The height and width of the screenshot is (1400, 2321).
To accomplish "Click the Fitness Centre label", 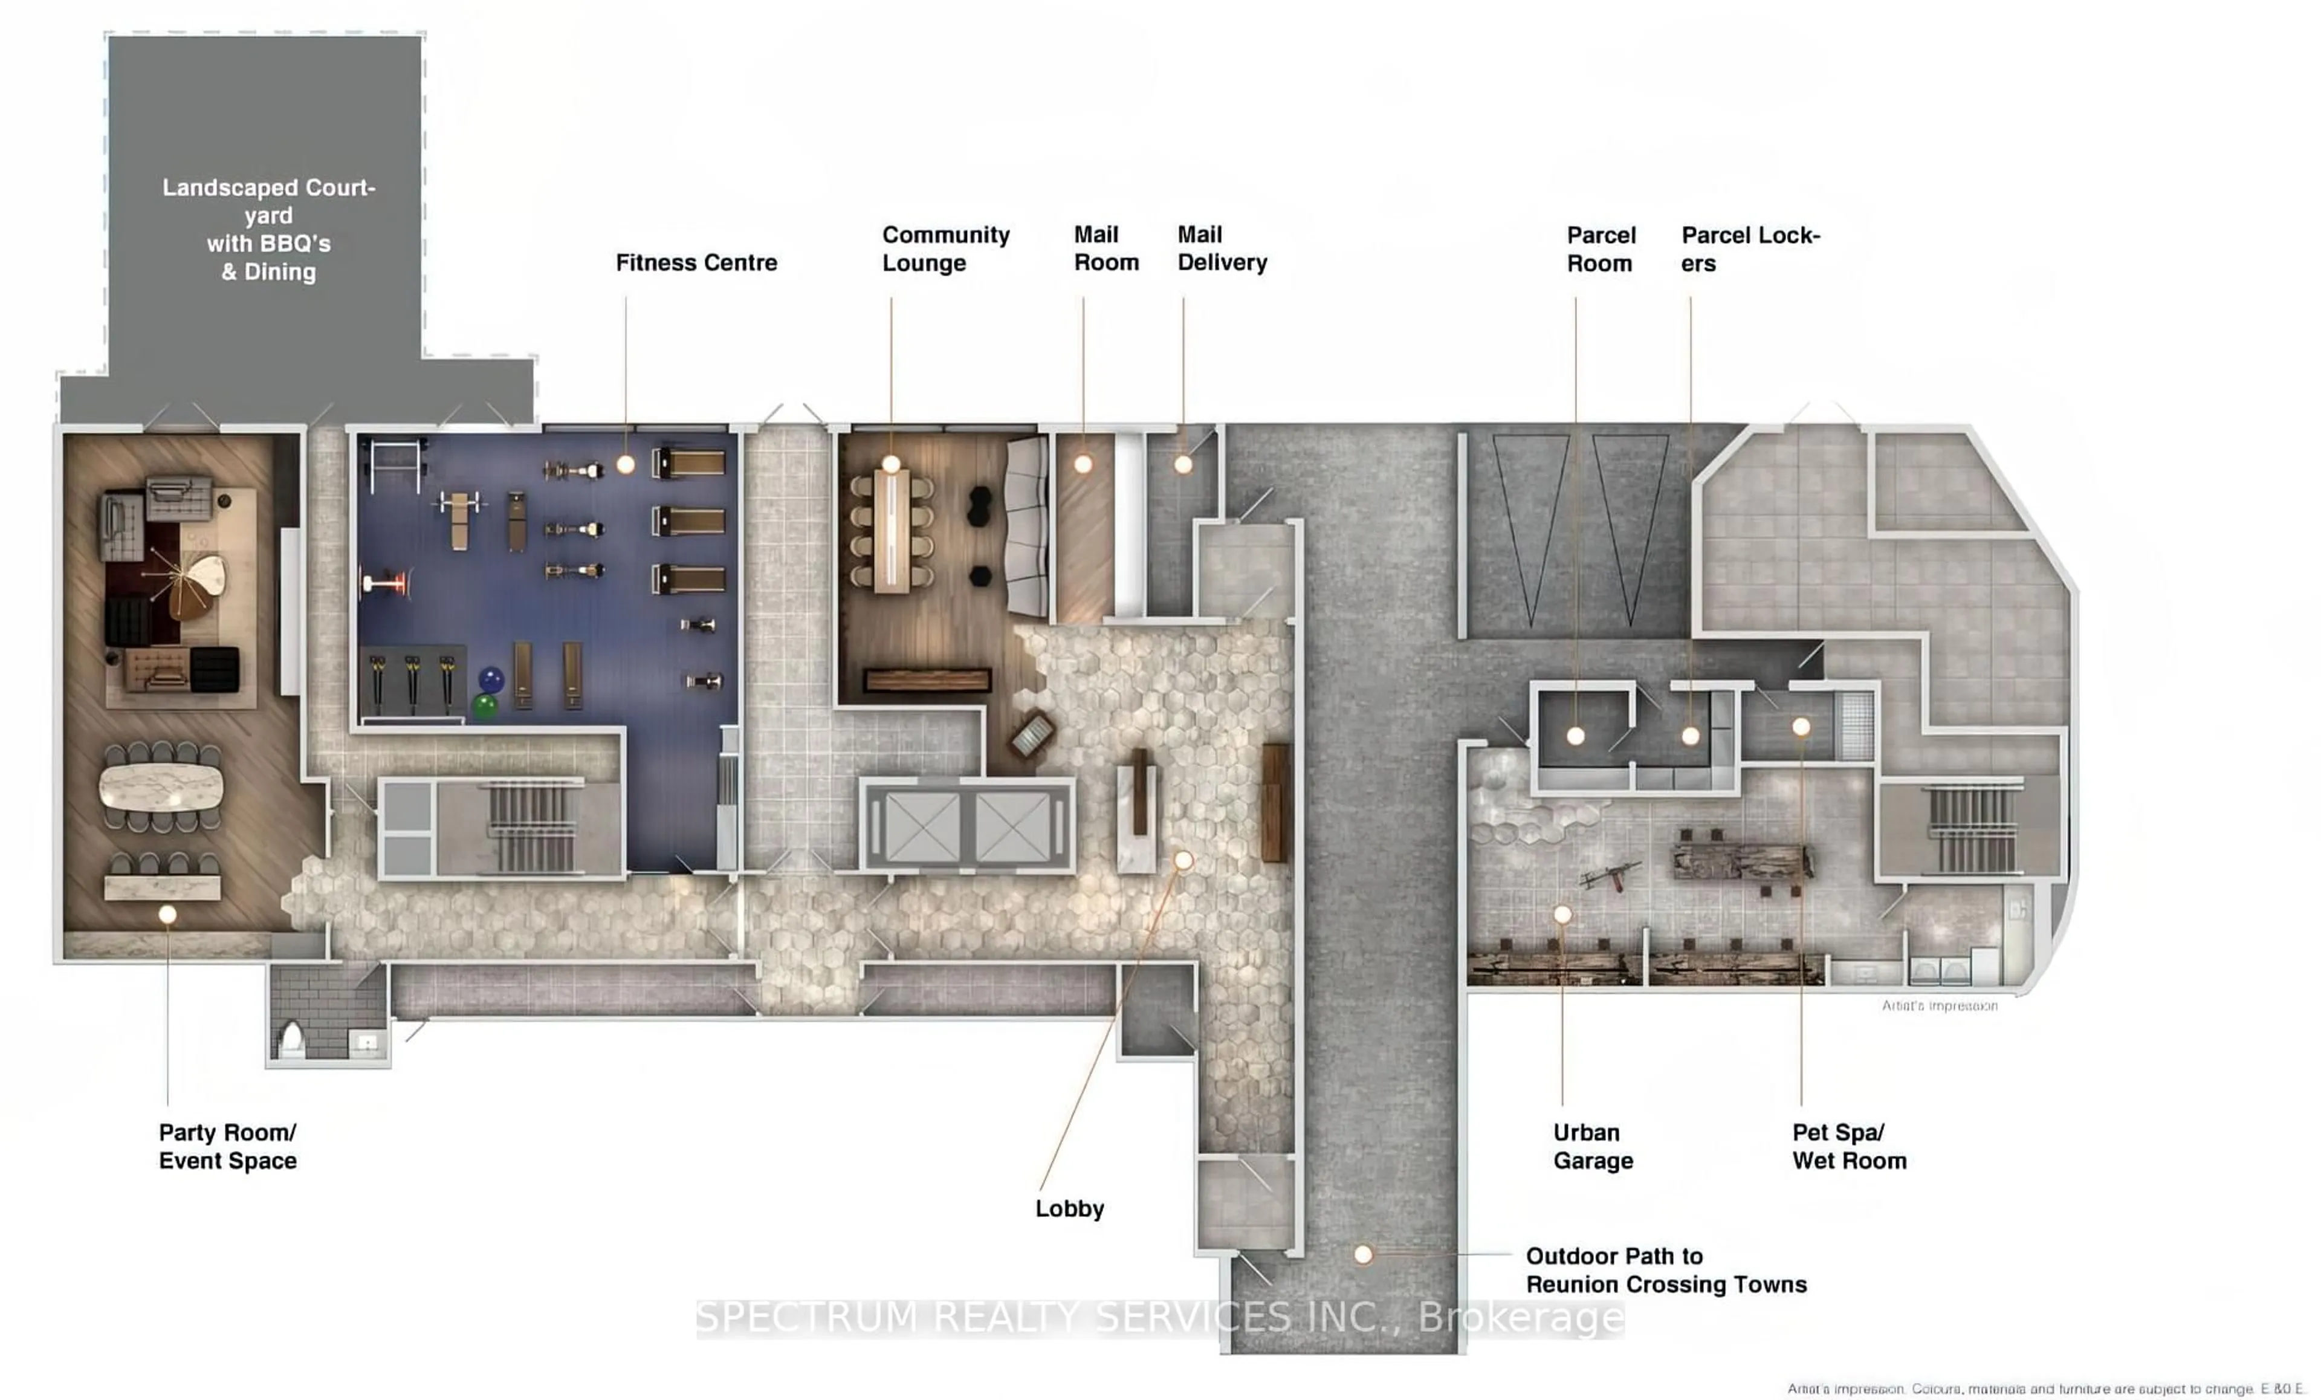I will pos(696,263).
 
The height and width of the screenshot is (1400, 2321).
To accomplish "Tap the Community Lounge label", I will pos(945,248).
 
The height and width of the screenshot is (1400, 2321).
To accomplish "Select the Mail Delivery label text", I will pos(1222,248).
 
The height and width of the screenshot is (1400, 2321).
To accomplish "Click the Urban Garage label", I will pos(1593,1147).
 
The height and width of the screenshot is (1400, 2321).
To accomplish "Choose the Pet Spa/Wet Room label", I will pos(1848,1147).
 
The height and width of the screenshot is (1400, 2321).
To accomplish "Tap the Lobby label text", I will pos(1069,1209).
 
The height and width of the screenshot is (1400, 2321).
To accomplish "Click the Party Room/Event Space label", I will pos(227,1147).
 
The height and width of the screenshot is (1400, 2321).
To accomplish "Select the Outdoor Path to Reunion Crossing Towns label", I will pos(1665,1270).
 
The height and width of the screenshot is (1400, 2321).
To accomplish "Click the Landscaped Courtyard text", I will pos(268,230).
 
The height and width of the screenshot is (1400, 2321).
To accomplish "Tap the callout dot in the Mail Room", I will pos(1083,464).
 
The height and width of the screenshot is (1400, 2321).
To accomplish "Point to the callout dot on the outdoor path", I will pos(1363,1254).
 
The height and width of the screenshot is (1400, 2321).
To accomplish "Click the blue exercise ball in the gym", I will pos(491,678).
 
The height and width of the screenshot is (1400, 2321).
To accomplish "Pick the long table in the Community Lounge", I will pos(891,533).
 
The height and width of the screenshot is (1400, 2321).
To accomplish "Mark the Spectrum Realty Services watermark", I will pos(1159,1317).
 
